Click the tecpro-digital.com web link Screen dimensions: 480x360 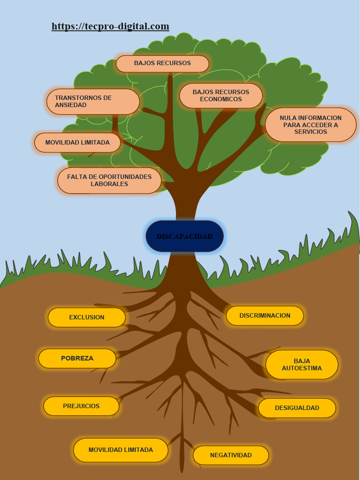pyautogui.click(x=110, y=26)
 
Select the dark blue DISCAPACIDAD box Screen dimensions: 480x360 pyautogui.click(x=184, y=236)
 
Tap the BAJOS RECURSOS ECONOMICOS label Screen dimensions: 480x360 pyautogui.click(x=221, y=96)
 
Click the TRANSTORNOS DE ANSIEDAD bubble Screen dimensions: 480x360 pyautogui.click(x=93, y=101)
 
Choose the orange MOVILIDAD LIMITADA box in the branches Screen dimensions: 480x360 pyautogui.click(x=77, y=142)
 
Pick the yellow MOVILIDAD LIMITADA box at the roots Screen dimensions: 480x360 pyautogui.click(x=120, y=450)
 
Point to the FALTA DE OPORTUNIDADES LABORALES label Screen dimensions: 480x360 pyautogui.click(x=109, y=180)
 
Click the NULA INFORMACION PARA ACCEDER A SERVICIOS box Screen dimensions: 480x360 pyautogui.click(x=310, y=125)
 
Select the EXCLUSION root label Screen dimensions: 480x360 pyautogui.click(x=87, y=317)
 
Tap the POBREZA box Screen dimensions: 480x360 pyautogui.click(x=77, y=358)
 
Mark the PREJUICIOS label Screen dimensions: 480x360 pyautogui.click(x=81, y=406)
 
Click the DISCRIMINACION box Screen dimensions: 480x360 pyautogui.click(x=265, y=315)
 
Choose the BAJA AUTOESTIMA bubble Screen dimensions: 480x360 pyautogui.click(x=302, y=365)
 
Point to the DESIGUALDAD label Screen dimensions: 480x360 pyautogui.click(x=297, y=408)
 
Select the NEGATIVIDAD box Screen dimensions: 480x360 pyautogui.click(x=231, y=455)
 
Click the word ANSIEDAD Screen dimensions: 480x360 pyautogui.click(x=71, y=105)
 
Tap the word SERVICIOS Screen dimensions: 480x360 pyautogui.click(x=311, y=132)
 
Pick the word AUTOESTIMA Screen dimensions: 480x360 pyautogui.click(x=302, y=368)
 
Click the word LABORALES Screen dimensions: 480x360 pyautogui.click(x=109, y=184)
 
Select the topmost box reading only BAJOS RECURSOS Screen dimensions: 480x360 pyautogui.click(x=162, y=63)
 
